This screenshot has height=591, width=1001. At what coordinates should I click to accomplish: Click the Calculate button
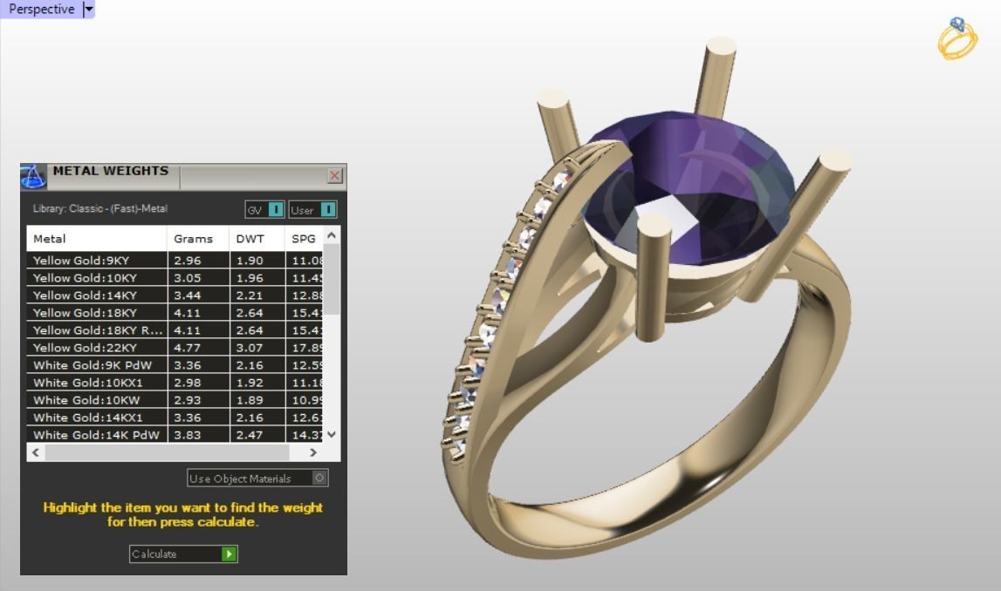click(x=183, y=554)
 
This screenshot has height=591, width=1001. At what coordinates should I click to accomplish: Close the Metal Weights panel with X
click(x=334, y=175)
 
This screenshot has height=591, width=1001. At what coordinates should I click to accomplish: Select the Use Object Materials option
click(x=257, y=478)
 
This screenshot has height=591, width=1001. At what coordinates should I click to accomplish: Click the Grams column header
click(x=193, y=238)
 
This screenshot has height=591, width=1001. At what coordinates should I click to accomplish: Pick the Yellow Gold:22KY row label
click(x=85, y=347)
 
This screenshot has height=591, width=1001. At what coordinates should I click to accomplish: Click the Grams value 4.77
click(x=188, y=347)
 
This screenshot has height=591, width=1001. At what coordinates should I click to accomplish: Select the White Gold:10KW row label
click(x=86, y=399)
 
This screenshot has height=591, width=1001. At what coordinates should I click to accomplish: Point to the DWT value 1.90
click(x=250, y=260)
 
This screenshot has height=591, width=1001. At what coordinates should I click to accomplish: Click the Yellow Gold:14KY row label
click(x=85, y=295)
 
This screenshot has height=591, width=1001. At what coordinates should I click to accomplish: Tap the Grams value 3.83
click(x=188, y=434)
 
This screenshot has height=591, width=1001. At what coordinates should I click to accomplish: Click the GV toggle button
click(x=264, y=209)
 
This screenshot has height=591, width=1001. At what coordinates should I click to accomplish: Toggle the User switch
click(x=312, y=209)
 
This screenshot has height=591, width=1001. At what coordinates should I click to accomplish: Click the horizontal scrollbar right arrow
click(x=313, y=452)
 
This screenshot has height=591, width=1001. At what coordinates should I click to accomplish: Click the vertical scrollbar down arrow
click(x=331, y=433)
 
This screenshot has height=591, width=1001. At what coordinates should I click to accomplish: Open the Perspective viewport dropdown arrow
click(x=88, y=9)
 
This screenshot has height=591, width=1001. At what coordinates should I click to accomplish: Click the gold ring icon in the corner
click(x=957, y=38)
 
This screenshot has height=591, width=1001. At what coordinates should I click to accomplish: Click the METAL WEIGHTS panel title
click(x=111, y=171)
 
